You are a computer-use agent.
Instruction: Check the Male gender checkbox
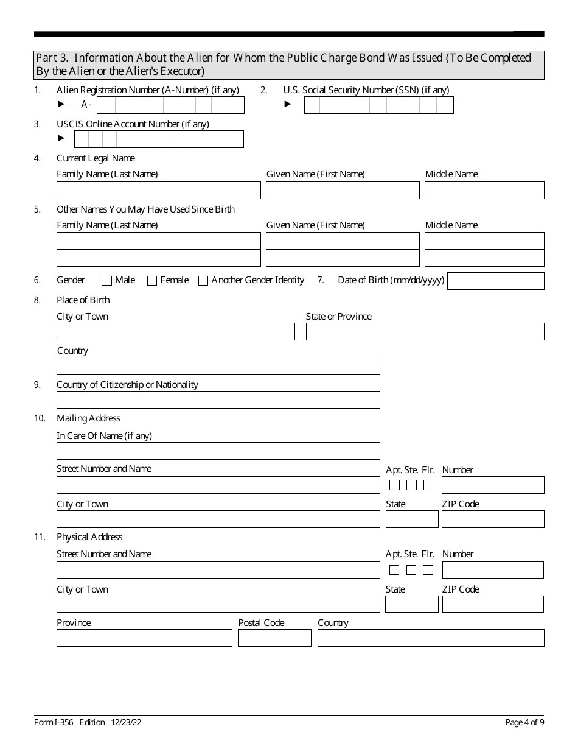106,281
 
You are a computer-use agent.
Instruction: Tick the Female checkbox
152,281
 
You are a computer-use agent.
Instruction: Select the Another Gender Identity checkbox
203,281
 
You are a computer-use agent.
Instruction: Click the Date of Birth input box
495,281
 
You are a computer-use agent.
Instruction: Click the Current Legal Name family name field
158,191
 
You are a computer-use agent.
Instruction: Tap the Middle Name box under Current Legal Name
484,191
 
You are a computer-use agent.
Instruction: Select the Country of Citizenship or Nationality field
218,400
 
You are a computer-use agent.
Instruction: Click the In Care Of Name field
218,451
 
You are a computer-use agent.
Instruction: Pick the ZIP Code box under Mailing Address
493,519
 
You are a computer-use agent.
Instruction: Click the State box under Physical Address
412,604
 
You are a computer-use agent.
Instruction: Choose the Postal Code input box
274,638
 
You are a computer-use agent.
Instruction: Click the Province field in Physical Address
144,638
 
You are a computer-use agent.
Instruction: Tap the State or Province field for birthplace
425,332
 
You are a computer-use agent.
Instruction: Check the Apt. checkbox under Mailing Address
394,485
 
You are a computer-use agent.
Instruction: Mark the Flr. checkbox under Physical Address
428,571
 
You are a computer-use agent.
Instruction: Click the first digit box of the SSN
312,105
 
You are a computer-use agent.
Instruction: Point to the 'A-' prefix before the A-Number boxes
86,105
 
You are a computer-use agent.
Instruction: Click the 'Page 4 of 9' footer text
524,723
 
